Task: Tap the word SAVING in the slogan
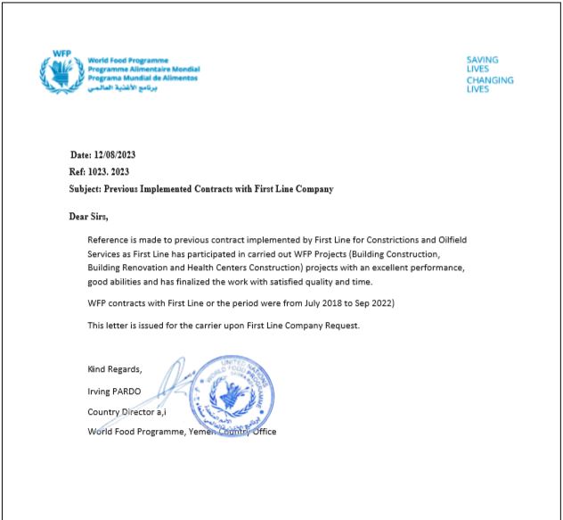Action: pyautogui.click(x=482, y=60)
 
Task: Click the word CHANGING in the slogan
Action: pyautogui.click(x=489, y=80)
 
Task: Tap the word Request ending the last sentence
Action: pyautogui.click(x=339, y=326)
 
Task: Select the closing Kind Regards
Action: pyautogui.click(x=114, y=368)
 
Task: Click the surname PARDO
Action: pyautogui.click(x=128, y=390)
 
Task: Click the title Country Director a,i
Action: pyautogui.click(x=126, y=411)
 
